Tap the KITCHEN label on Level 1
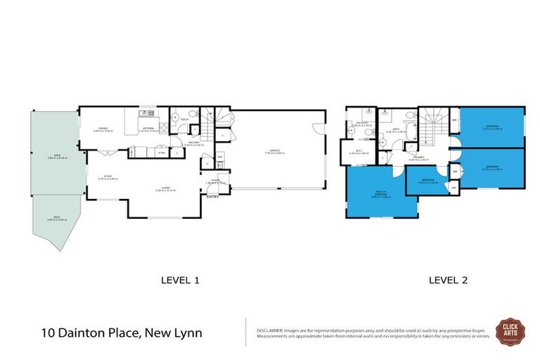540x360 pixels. (x=148, y=129)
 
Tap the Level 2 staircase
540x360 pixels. (x=433, y=127)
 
